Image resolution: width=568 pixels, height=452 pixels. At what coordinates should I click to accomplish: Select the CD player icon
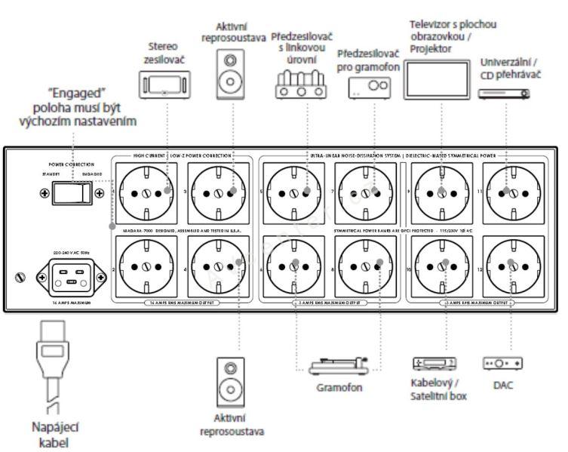(x=503, y=93)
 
